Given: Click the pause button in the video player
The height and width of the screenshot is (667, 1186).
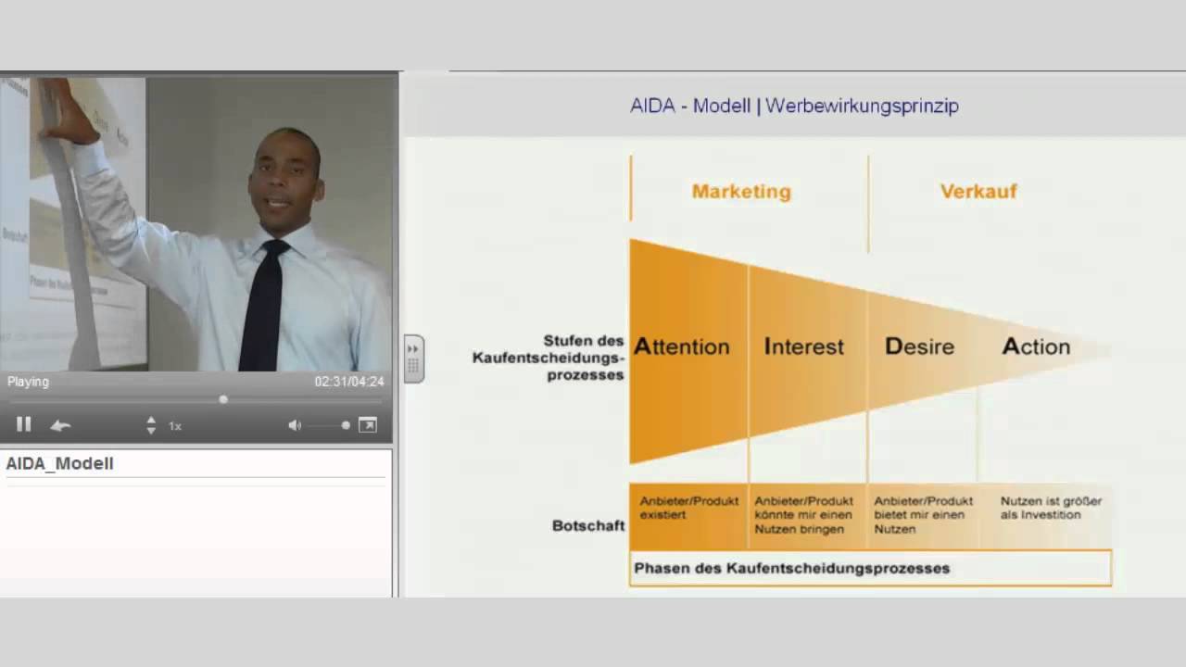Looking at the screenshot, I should click(24, 424).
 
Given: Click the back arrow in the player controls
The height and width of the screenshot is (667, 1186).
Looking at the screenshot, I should click(60, 425).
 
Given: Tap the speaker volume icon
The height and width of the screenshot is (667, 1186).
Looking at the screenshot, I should click(295, 425).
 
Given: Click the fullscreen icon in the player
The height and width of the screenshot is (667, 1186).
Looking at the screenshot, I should click(368, 425).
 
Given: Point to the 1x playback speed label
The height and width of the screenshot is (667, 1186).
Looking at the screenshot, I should click(174, 426).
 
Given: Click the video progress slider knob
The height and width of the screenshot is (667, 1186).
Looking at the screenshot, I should click(223, 399).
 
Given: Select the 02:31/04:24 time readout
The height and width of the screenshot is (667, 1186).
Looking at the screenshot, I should click(348, 382).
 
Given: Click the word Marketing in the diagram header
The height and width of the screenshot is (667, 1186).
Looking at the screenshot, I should click(741, 192).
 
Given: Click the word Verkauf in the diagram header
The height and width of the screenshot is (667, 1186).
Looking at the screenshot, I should click(978, 192).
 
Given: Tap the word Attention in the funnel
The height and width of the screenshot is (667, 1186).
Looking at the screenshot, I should click(682, 346).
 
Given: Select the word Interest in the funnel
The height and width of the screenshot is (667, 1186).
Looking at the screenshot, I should click(804, 346).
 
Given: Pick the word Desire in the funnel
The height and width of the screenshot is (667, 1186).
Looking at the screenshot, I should click(919, 346).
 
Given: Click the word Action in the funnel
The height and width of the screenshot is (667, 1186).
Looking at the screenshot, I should click(1036, 346).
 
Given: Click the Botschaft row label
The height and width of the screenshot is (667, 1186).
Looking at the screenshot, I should click(588, 525).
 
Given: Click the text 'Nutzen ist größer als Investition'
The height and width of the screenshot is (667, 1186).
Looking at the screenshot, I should click(1051, 508).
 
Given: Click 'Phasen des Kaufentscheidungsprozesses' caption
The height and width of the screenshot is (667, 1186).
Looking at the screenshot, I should click(791, 568).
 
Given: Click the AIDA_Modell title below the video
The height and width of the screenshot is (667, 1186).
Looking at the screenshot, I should click(60, 463).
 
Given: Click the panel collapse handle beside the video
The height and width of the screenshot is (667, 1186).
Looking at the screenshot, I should click(413, 359).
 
